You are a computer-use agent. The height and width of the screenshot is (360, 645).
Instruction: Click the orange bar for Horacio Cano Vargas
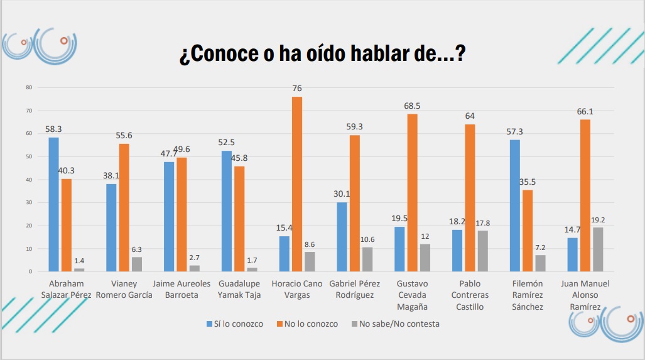click(297, 184)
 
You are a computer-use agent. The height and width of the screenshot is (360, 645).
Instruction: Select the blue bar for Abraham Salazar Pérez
click(53, 204)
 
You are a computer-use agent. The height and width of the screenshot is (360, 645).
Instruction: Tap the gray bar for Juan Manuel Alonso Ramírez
click(598, 249)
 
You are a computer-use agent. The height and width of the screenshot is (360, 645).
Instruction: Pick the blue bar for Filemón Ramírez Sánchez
click(515, 205)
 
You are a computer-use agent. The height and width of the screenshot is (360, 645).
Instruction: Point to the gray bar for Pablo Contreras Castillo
click(483, 251)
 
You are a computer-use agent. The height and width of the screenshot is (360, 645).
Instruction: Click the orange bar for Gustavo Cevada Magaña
click(412, 192)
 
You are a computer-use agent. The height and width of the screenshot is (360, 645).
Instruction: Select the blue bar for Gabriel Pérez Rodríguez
click(342, 237)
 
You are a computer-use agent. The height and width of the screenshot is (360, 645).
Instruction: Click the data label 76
click(297, 89)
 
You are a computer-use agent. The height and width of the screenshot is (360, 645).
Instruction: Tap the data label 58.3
click(53, 129)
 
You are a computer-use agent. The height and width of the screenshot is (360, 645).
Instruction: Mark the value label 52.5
click(227, 143)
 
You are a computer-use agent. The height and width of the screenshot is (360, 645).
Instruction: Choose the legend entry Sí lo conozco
click(235, 324)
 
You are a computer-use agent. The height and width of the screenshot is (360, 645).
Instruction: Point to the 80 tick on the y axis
click(29, 87)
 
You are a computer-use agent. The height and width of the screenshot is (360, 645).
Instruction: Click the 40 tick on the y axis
click(29, 180)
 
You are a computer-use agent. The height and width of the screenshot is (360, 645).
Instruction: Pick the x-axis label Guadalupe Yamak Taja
click(239, 290)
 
